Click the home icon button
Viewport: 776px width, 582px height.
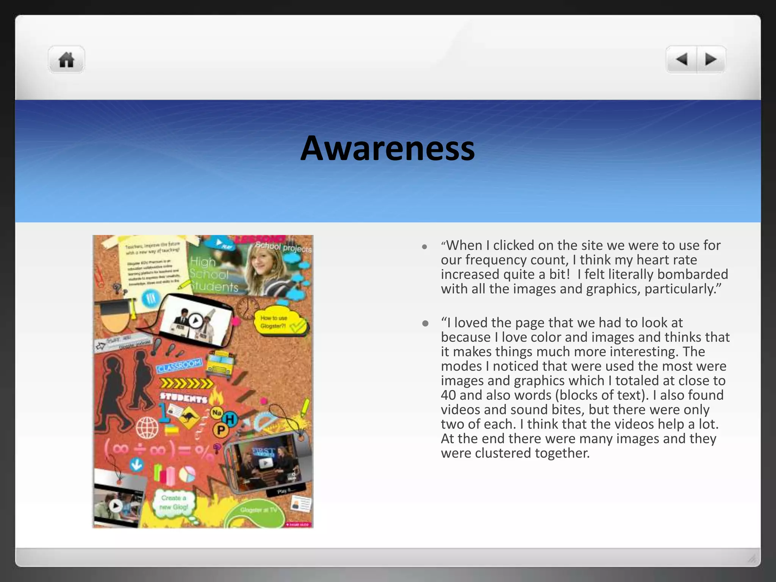66,59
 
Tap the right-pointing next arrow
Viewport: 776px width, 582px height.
711,59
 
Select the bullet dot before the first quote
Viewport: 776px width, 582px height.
425,247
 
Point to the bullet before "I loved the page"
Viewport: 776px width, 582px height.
425,324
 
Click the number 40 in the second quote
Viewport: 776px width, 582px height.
448,395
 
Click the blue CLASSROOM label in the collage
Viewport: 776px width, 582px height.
179,366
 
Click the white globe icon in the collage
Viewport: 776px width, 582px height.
147,427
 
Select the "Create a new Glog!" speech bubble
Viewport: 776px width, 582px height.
174,503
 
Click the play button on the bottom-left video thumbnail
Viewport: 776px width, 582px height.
116,505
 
